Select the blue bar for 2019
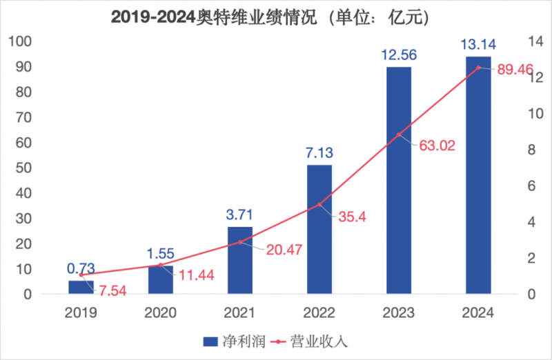(x=81, y=287)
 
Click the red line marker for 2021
(x=240, y=242)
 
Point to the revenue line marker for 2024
(x=478, y=68)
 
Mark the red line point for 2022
(x=319, y=205)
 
